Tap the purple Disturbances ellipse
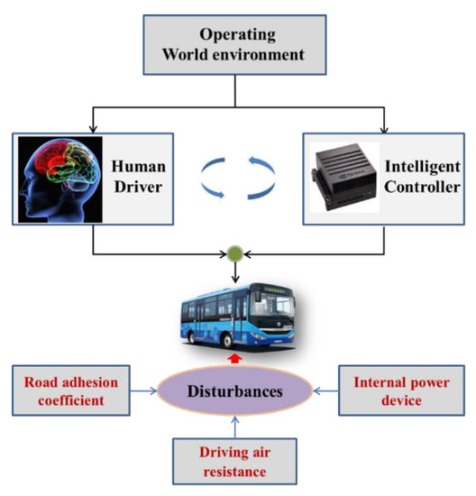pyautogui.click(x=236, y=390)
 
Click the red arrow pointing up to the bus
pyautogui.click(x=237, y=359)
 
